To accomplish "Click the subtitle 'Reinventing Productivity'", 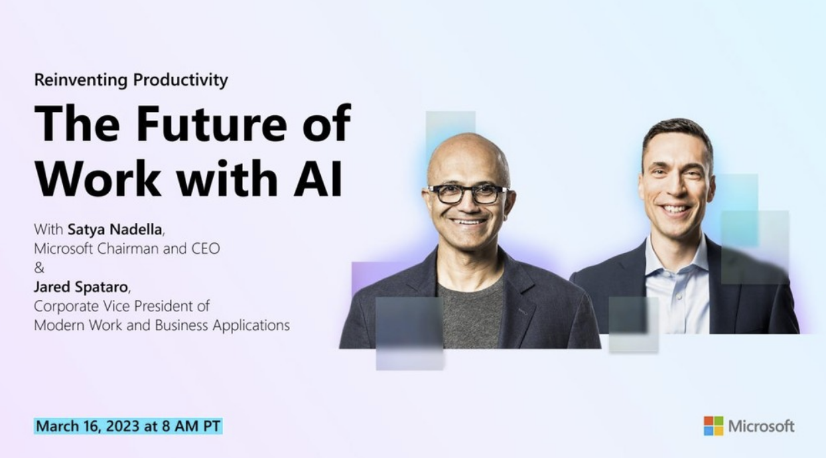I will click(131, 80).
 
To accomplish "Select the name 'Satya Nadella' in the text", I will click(115, 230).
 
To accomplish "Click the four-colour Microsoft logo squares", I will click(713, 426).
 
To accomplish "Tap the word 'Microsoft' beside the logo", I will click(761, 426).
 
